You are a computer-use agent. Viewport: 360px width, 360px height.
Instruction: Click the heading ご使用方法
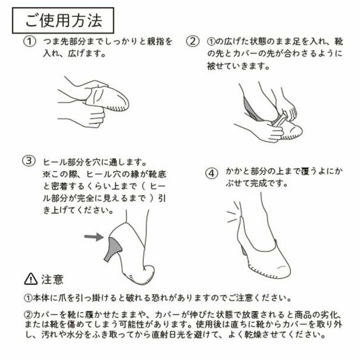tap(63, 20)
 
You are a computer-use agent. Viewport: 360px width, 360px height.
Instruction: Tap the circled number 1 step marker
tap(30, 41)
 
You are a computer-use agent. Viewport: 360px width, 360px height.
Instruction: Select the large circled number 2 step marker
tap(193, 41)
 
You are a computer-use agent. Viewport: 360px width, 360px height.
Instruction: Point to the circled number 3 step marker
tap(29, 161)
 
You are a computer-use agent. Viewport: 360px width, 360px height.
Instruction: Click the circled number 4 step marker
tap(211, 174)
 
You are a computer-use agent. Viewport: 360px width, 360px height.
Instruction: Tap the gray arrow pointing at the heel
tap(94, 237)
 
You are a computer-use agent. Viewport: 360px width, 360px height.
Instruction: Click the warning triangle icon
tap(31, 279)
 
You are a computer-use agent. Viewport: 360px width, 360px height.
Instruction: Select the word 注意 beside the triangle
tap(52, 279)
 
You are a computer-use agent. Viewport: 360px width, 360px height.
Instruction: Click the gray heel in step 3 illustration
tap(113, 250)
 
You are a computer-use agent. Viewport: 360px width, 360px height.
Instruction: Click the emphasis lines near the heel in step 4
tap(233, 212)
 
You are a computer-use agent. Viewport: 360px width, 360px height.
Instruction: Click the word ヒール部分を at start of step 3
tap(68, 162)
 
